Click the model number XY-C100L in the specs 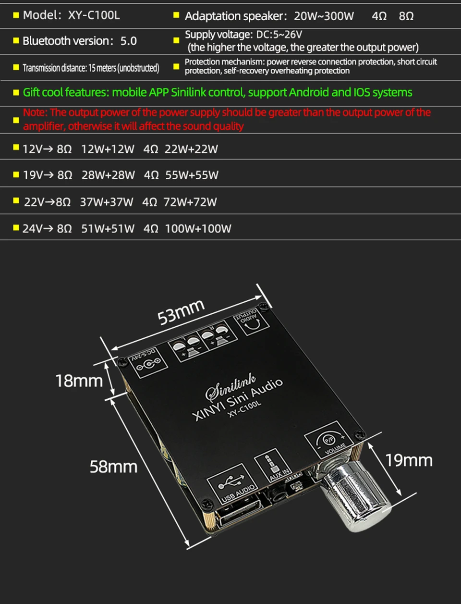[x=94, y=15]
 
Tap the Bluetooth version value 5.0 [x=128, y=41]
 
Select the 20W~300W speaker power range [x=324, y=16]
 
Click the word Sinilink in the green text [x=189, y=92]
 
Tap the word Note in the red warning [x=35, y=112]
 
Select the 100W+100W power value [x=198, y=229]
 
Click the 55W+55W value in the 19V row [x=192, y=175]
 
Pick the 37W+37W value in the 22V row [x=106, y=202]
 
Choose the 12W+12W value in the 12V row [x=108, y=149]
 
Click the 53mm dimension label [x=181, y=311]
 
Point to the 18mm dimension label [x=79, y=381]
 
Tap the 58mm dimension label [x=113, y=467]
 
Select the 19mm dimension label [x=409, y=460]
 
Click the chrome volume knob [x=358, y=499]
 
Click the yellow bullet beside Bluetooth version [x=16, y=41]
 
